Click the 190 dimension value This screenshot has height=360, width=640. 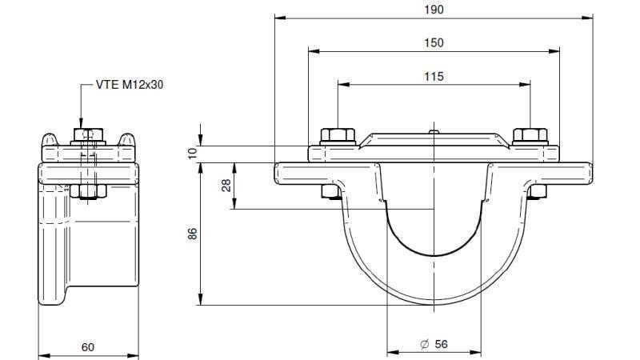[x=434, y=10]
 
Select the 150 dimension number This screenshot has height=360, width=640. [x=434, y=42]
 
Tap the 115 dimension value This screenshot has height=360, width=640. [x=434, y=77]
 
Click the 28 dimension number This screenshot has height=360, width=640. [x=227, y=186]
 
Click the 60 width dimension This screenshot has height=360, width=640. [x=88, y=346]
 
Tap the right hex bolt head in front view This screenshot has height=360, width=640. [x=529, y=135]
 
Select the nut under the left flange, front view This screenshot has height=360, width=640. [x=329, y=191]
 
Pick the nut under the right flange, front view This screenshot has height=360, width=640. [x=538, y=191]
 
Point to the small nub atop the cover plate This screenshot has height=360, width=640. [x=432, y=130]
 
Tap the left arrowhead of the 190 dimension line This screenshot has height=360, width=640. [x=278, y=17]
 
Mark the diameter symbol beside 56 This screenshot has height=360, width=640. [x=424, y=344]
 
